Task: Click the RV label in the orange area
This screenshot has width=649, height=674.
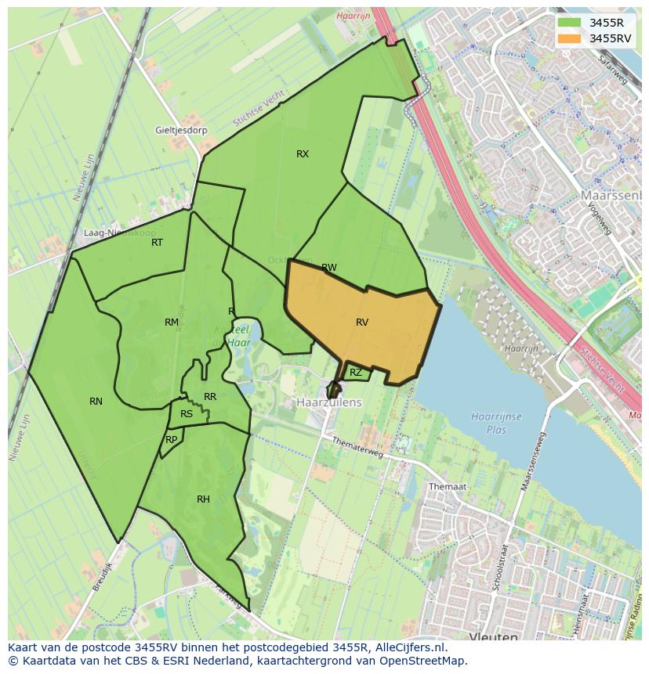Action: coord(362,322)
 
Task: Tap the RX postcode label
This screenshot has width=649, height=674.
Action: coord(303,154)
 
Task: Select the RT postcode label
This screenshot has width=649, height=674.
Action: coord(158,243)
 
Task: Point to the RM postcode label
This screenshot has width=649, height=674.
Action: coord(172,323)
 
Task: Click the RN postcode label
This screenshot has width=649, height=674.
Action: coord(96,402)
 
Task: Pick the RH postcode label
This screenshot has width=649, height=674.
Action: coord(203,499)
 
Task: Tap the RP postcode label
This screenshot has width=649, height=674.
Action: coord(171,440)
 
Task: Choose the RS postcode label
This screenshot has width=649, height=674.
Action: coord(187,414)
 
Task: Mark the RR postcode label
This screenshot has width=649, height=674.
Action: coord(210,397)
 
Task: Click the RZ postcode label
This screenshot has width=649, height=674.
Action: coord(356,373)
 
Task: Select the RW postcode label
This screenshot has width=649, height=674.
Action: coord(329,268)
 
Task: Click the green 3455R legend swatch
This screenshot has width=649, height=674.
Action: coord(571,23)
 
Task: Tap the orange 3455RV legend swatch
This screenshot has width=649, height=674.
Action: coord(571,38)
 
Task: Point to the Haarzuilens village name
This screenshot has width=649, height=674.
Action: coord(329,402)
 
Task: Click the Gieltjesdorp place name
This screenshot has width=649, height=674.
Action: coord(181,131)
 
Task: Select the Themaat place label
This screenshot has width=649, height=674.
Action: coord(447,486)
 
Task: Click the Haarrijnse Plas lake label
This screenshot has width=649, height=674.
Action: coord(497,424)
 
